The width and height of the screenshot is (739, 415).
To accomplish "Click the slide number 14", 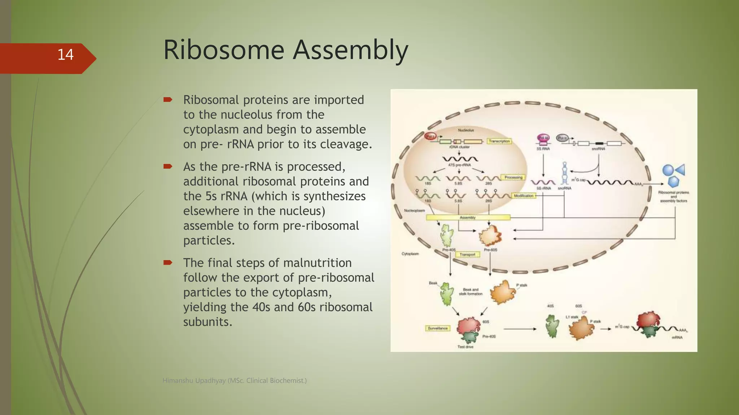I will coord(65,55).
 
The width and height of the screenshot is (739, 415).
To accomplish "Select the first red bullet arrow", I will coord(168,99).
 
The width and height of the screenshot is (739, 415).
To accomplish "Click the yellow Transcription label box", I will coord(499,141).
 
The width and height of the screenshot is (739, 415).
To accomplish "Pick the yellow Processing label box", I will coord(513,177).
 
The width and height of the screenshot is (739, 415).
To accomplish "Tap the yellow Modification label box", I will coord(523,196).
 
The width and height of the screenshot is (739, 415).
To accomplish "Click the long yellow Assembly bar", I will coord(468,217).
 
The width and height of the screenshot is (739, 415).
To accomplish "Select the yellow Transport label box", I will coord(467,254).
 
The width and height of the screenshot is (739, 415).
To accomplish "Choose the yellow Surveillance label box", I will coord(437,328).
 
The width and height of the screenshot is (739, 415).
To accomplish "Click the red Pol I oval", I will coord(430,137).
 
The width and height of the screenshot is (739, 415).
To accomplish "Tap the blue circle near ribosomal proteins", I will coord(668,170).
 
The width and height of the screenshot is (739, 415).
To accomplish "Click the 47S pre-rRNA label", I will coord(459,165).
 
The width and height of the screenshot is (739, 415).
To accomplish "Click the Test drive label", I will coord(465,347).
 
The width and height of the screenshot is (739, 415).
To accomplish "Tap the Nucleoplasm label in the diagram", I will coord(414,210).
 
